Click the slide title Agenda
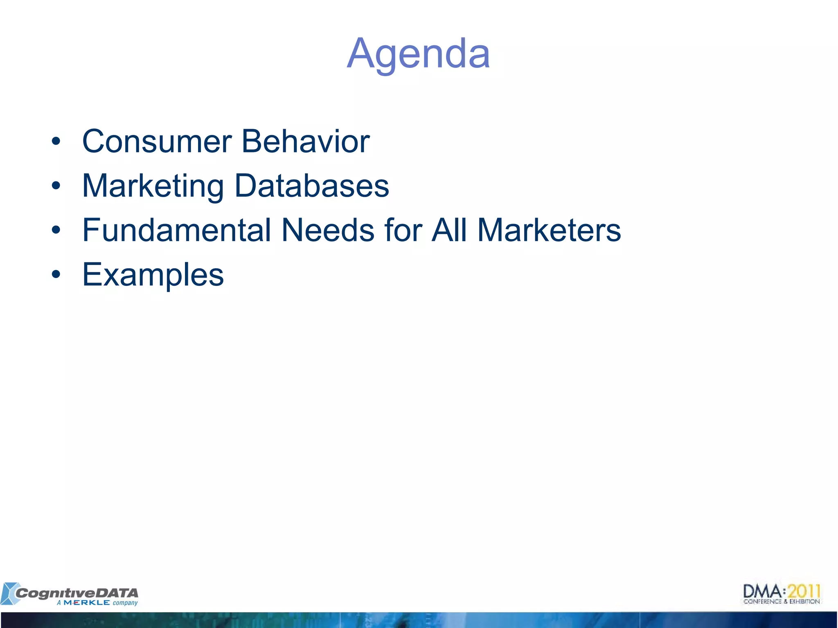click(418, 54)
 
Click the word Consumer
click(157, 141)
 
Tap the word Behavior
click(306, 141)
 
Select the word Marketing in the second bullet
click(153, 186)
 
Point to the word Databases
click(311, 186)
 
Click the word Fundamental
click(176, 230)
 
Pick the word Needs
click(328, 230)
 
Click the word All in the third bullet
click(449, 230)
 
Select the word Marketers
click(549, 230)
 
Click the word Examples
click(153, 275)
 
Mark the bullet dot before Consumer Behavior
click(56, 142)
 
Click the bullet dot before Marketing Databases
click(56, 186)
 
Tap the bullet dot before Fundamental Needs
click(56, 230)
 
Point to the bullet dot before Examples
click(56, 275)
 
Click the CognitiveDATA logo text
click(77, 593)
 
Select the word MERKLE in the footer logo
click(87, 603)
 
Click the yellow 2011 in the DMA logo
click(804, 591)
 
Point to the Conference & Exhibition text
click(781, 601)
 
